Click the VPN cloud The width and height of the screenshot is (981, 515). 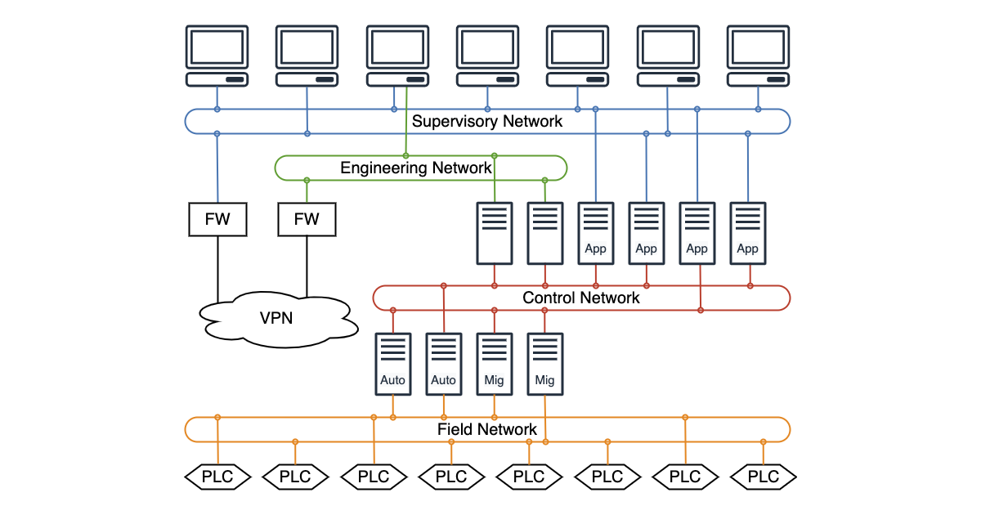tap(278, 319)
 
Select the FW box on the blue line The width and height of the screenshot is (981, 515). tap(217, 219)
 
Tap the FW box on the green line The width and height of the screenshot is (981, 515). tap(307, 219)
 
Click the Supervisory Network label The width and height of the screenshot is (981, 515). tap(487, 122)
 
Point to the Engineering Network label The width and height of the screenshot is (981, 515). tap(416, 168)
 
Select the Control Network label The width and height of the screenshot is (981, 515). tap(580, 298)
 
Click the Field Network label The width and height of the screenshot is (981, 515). tap(487, 429)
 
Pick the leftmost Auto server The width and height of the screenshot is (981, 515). tap(393, 364)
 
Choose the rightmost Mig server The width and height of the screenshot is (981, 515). tap(544, 364)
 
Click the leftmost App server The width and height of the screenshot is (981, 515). tap(596, 233)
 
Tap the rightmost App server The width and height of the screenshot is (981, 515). tap(747, 233)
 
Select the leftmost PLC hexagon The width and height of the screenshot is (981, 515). tap(217, 477)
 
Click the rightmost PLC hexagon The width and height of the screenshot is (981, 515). tap(764, 477)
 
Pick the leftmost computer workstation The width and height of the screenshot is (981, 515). tap(217, 56)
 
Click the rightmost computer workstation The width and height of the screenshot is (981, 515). tap(758, 56)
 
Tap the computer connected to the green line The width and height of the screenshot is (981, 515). tap(397, 56)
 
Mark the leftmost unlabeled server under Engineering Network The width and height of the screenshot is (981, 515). tap(495, 233)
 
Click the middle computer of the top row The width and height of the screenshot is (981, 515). tap(487, 56)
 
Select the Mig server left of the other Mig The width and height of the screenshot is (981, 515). tap(494, 364)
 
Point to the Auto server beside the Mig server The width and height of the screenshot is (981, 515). tap(444, 364)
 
